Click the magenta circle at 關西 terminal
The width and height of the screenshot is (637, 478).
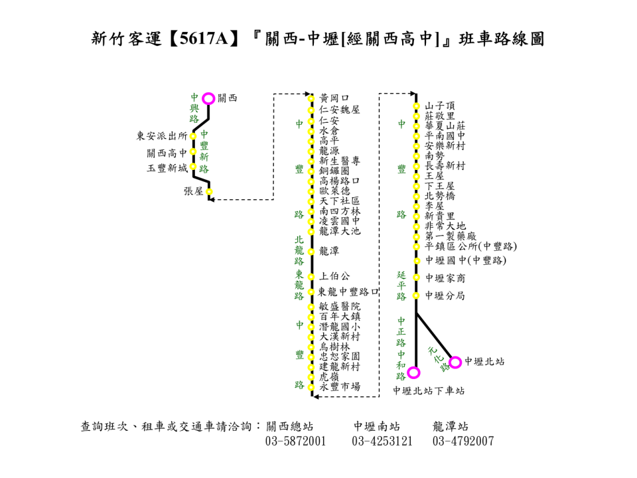coord(208,98)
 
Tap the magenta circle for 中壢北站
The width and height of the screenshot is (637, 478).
coord(455,362)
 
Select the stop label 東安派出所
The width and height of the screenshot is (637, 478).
coord(162,136)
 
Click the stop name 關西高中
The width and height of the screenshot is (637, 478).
coord(167,153)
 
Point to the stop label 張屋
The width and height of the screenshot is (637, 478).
coord(194,191)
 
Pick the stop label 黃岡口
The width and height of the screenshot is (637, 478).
coord(334,98)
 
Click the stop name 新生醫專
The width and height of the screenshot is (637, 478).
coord(340,161)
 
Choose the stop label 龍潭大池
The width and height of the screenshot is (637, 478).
coord(340,231)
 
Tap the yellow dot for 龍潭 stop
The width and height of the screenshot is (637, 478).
coord(311,251)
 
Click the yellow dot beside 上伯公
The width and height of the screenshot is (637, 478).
coord(311,276)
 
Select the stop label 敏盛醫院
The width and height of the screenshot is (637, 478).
coord(340,307)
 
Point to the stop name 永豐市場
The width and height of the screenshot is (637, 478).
coord(340,386)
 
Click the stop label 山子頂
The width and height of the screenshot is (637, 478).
coord(440,106)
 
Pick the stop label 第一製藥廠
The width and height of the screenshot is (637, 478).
coord(451,236)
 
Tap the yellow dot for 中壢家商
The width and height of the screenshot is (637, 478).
coord(417,278)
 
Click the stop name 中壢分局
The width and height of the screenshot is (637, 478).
coord(445,296)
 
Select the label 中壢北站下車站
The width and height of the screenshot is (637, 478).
coord(429,391)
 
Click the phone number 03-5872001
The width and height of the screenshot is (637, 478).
coord(295,441)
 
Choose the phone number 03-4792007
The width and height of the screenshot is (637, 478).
coord(463,441)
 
